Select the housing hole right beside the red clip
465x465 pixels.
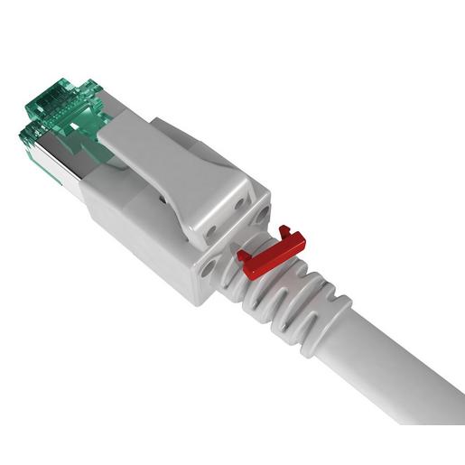(x=262, y=216)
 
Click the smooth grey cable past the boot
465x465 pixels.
(x=406, y=361)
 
